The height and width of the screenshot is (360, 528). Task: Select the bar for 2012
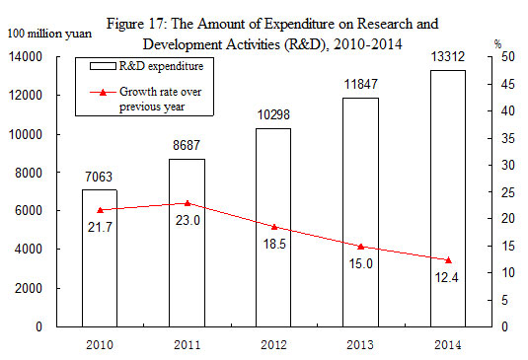tap(273, 227)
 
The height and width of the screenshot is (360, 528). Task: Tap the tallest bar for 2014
tap(447, 197)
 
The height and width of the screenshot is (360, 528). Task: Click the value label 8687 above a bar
tap(188, 145)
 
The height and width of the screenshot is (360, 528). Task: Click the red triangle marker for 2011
tap(187, 203)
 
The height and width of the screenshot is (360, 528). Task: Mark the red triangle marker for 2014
tap(447, 259)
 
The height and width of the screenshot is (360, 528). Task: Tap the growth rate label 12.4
tap(447, 277)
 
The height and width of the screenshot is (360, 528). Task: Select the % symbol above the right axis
tap(498, 44)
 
